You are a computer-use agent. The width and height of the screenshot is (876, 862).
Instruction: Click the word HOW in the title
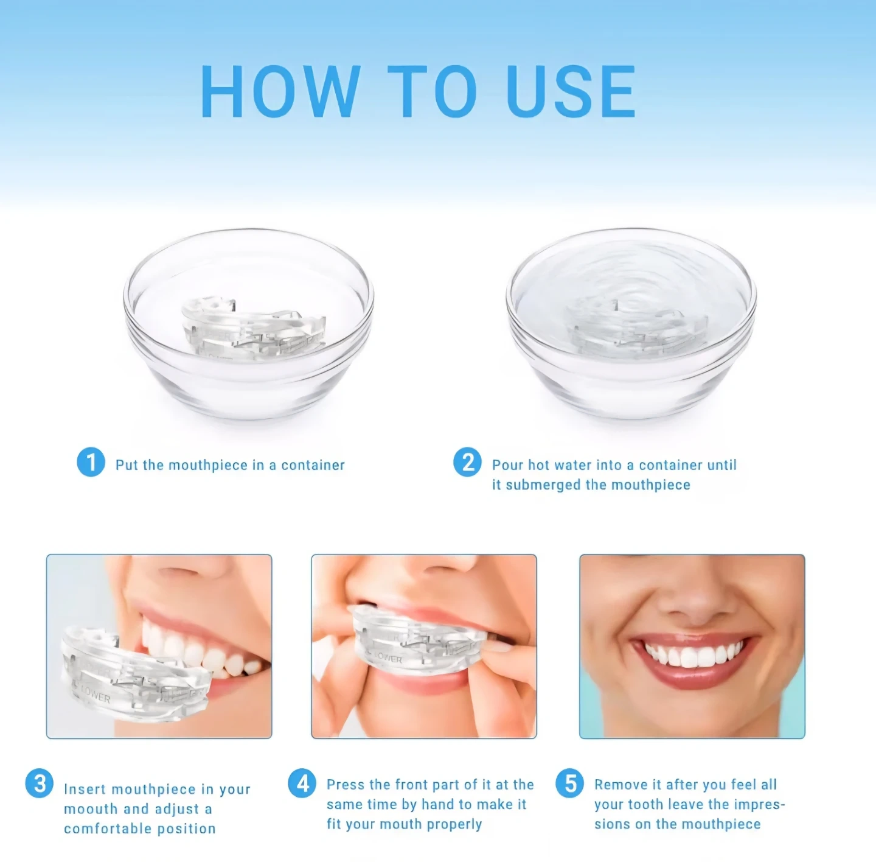(280, 91)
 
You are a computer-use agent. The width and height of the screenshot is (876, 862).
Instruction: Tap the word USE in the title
(571, 91)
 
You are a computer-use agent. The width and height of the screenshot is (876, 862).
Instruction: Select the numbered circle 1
(91, 462)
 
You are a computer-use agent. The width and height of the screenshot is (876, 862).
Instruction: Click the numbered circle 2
(467, 462)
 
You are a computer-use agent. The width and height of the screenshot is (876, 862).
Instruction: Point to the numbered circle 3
(40, 783)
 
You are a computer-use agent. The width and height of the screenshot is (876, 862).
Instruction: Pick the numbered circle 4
(302, 783)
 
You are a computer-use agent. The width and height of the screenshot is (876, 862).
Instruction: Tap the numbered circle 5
(570, 783)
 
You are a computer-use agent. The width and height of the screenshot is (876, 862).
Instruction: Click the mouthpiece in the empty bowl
(254, 328)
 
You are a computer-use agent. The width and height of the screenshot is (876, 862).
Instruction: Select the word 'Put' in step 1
(127, 464)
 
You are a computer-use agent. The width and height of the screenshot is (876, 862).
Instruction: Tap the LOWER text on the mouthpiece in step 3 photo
(95, 695)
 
